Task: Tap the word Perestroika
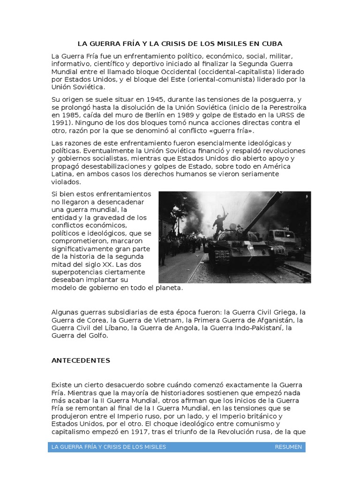click(x=287, y=107)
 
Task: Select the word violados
click(x=66, y=182)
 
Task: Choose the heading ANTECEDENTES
click(x=80, y=360)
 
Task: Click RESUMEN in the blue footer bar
click(x=288, y=447)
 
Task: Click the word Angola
click(x=186, y=328)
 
